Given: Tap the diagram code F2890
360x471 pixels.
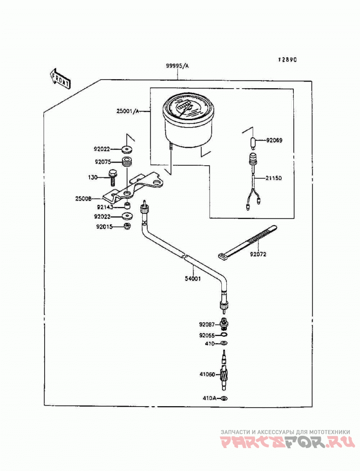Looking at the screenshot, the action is point(287,60).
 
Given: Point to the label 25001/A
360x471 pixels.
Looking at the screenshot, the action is point(128,111).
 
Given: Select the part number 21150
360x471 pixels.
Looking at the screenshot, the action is point(274,178).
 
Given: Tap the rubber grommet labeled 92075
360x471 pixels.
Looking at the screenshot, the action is point(127,162).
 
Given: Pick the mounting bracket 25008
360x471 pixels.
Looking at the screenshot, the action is point(134,188).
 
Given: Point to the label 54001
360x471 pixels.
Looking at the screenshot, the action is point(193,278).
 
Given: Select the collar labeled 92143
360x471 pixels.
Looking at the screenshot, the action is point(128,206).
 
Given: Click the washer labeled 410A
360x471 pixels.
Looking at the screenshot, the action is point(224,399).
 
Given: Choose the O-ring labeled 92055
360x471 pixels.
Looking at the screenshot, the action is point(223,335).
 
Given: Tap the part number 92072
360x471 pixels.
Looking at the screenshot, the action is point(258,254).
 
